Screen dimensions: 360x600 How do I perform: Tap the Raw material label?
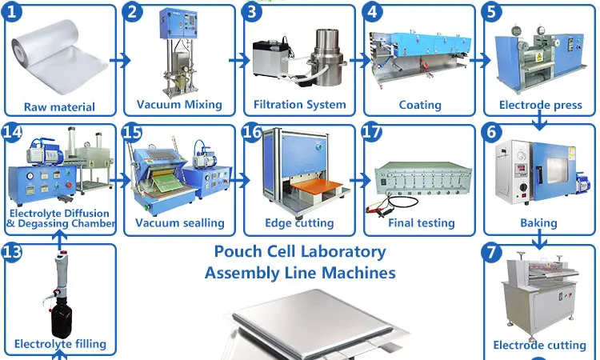pyautogui.click(x=59, y=106)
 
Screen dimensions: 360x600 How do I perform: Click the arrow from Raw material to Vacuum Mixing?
pyautogui.click(x=119, y=60)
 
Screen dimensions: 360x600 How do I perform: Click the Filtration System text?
pyautogui.click(x=299, y=104)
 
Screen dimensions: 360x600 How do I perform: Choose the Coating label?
pyautogui.click(x=420, y=105)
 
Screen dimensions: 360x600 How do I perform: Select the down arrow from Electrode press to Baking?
pyautogui.click(x=540, y=119)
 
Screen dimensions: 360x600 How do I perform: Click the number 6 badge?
pyautogui.click(x=492, y=133)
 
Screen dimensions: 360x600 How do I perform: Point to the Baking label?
pyautogui.click(x=538, y=223)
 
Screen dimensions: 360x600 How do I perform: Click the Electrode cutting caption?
pyautogui.click(x=539, y=345)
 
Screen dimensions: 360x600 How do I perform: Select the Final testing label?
pyautogui.click(x=421, y=222)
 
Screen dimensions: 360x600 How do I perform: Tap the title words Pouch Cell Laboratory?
pyautogui.click(x=299, y=251)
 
